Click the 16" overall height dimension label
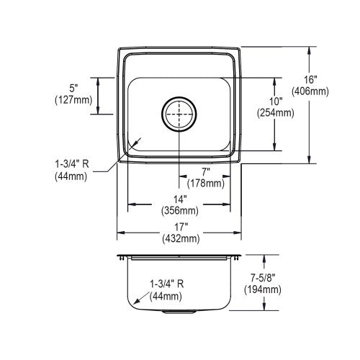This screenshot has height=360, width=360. [x=310, y=80]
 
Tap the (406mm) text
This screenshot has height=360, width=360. [x=310, y=91]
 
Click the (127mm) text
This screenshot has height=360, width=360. [x=73, y=100]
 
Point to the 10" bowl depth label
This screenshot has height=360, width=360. [x=276, y=102]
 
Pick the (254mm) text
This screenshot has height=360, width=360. [x=276, y=113]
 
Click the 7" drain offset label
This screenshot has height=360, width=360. [x=206, y=172]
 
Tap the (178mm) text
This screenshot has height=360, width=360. [x=206, y=184]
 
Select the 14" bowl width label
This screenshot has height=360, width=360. [x=180, y=199]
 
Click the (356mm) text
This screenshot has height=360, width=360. [x=180, y=211]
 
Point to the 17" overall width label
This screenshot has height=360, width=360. [x=181, y=227]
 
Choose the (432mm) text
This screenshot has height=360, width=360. [x=181, y=238]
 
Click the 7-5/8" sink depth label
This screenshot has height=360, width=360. [x=263, y=278]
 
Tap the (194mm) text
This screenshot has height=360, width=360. [x=263, y=289]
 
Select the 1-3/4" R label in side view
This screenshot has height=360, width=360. [x=167, y=284]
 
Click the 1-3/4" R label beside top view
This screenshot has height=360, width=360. [x=72, y=164]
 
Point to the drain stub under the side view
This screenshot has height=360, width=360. [x=179, y=312]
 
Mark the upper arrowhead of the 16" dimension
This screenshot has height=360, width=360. [x=309, y=50]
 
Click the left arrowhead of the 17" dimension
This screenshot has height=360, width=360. [x=121, y=233]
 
